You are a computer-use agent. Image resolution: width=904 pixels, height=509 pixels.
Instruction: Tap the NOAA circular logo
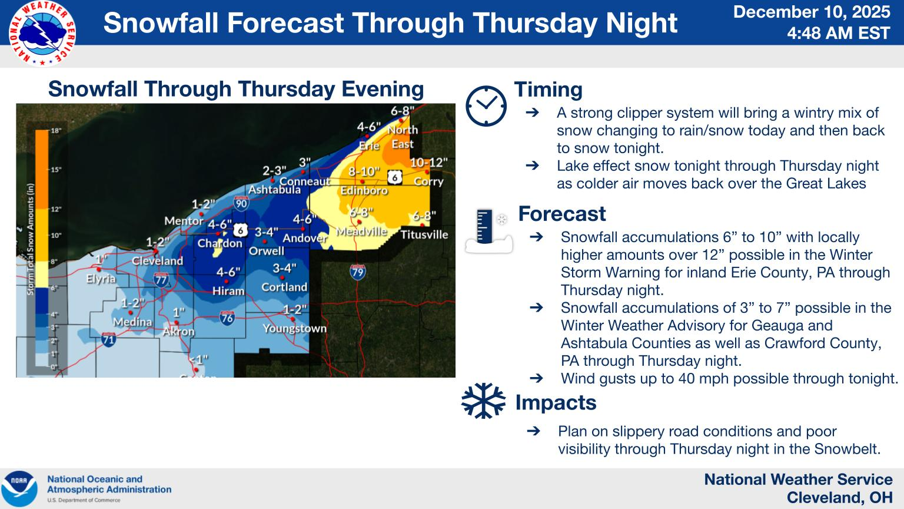(19, 488)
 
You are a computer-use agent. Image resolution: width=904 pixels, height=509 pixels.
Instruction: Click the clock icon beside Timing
(486, 106)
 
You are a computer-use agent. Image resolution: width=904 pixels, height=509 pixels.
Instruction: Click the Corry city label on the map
(428, 181)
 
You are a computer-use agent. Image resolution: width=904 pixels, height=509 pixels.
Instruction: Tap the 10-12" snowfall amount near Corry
(428, 162)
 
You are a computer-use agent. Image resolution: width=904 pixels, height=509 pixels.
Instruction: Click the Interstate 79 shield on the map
(357, 272)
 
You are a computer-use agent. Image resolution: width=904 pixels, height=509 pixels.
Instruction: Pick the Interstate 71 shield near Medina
(108, 339)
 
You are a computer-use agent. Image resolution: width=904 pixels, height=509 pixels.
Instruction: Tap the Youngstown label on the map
(294, 328)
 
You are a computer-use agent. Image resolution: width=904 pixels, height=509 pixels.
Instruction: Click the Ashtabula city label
(274, 190)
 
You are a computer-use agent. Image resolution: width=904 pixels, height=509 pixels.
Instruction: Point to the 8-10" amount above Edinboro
(364, 171)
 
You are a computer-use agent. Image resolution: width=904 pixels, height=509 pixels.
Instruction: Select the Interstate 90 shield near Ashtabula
(241, 204)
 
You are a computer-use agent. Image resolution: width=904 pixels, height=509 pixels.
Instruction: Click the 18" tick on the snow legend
(56, 130)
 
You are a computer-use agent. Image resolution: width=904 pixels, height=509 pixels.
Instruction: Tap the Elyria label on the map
(101, 279)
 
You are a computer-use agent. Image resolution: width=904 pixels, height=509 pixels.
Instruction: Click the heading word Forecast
(561, 214)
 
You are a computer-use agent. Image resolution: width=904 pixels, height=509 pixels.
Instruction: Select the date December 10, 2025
(811, 12)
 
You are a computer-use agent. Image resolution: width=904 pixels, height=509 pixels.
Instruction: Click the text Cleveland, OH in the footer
(839, 498)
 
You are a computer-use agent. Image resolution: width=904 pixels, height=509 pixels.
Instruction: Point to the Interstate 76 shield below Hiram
(227, 318)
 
